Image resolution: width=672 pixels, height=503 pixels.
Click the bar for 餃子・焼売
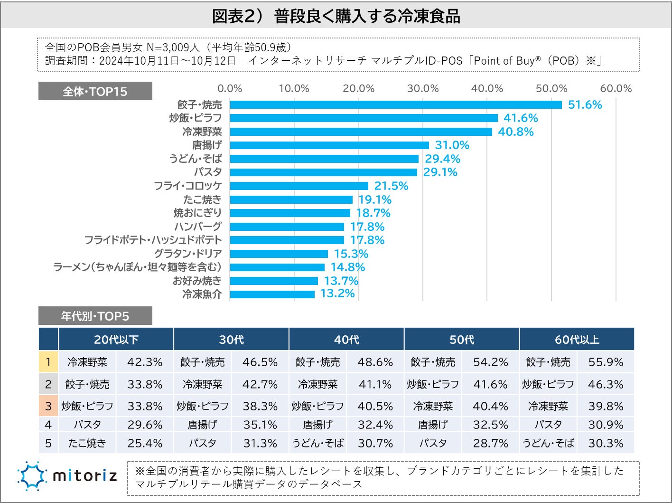pyautogui.click(x=395, y=104)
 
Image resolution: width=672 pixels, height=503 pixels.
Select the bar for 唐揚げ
pyautogui.click(x=329, y=145)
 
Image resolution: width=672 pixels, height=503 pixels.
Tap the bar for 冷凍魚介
pyautogui.click(x=272, y=294)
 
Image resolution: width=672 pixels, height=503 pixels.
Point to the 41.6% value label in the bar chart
pyautogui.click(x=521, y=118)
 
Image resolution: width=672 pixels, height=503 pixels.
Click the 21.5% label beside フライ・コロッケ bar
pyautogui.click(x=391, y=186)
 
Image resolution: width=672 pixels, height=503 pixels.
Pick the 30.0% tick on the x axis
pyautogui.click(x=423, y=88)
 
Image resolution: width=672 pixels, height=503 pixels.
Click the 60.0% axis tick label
pyautogui.click(x=616, y=88)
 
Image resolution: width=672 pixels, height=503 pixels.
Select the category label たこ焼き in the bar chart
pyautogui.click(x=202, y=199)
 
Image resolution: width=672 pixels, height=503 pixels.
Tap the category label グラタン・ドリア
pyautogui.click(x=188, y=254)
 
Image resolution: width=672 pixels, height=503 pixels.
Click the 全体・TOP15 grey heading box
pyautogui.click(x=95, y=91)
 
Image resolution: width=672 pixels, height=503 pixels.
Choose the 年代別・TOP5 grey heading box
pyautogui.click(x=95, y=316)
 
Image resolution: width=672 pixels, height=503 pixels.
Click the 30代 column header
pyautogui.click(x=232, y=340)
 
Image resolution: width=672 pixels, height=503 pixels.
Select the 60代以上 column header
pyautogui.click(x=577, y=340)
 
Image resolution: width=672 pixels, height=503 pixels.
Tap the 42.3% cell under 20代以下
pyautogui.click(x=145, y=362)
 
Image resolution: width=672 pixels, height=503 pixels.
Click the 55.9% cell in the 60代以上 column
pyautogui.click(x=606, y=362)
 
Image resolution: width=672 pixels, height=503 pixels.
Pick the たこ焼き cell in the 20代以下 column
pyautogui.click(x=87, y=443)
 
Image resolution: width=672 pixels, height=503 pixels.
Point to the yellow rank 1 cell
pyautogui.click(x=48, y=362)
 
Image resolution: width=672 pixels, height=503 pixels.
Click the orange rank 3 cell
pyautogui.click(x=48, y=406)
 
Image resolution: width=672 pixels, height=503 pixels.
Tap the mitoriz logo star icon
pyautogui.click(x=32, y=475)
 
